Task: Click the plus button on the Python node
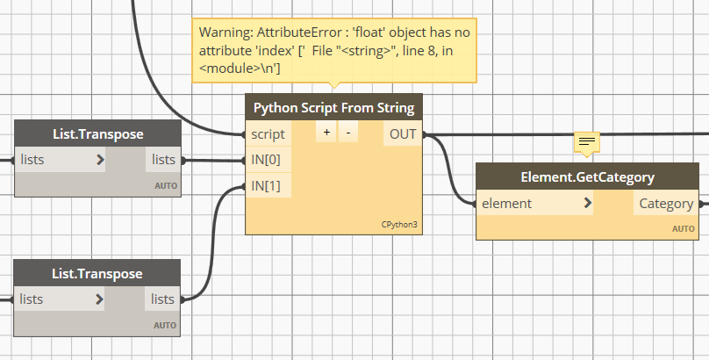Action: [326, 134]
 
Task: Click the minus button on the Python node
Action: [347, 134]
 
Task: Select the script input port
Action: [268, 134]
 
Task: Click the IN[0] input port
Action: [266, 161]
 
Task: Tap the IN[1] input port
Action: [266, 186]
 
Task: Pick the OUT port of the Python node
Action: [403, 134]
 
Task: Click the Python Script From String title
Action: [333, 108]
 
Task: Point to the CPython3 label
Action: [399, 225]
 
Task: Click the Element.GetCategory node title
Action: [587, 176]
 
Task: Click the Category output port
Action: [666, 204]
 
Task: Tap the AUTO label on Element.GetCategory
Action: [684, 228]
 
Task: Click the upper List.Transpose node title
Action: [97, 133]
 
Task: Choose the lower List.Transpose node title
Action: [97, 273]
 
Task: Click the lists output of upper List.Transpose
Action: [163, 160]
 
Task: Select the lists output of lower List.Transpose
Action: [163, 299]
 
